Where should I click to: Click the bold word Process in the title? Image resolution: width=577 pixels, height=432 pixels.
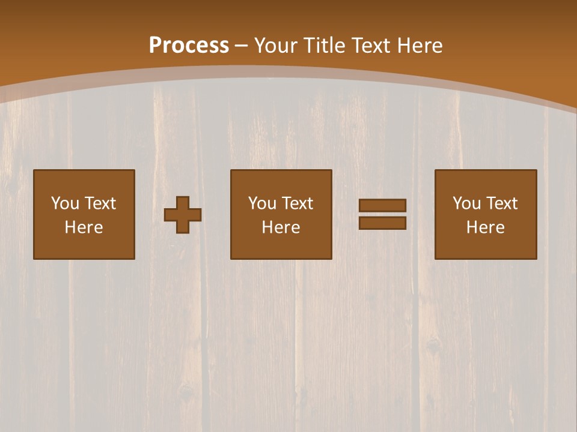click(189, 46)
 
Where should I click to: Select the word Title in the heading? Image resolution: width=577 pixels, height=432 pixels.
click(325, 46)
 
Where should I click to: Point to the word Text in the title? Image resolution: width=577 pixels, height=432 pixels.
click(370, 46)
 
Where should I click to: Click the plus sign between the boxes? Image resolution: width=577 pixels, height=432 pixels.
click(183, 215)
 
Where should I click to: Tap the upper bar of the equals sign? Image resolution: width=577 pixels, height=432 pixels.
click(382, 205)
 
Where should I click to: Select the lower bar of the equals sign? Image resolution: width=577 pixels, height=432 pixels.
click(382, 223)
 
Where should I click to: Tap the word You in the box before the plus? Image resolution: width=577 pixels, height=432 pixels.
click(65, 203)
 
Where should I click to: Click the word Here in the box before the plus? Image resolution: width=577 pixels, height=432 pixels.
click(84, 227)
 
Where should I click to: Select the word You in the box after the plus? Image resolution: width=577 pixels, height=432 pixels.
click(262, 203)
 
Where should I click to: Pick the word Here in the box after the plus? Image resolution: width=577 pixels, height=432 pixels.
click(281, 227)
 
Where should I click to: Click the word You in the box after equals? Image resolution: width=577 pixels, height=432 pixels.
click(466, 203)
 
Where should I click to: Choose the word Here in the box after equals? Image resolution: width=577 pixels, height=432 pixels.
click(486, 227)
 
